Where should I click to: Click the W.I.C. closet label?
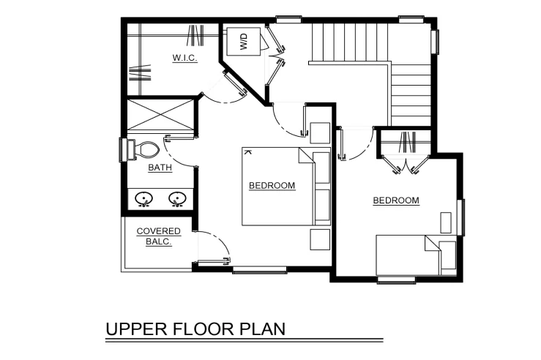[x=185, y=58]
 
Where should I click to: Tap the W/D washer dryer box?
[x=243, y=42]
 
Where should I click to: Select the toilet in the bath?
[x=143, y=149]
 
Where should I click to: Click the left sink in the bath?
[x=144, y=199]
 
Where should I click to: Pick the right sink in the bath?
[x=177, y=199]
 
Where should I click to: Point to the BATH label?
[x=160, y=168]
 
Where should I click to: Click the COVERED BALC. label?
[x=159, y=236]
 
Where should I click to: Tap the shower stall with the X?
[x=160, y=114]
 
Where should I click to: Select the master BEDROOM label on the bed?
[x=272, y=186]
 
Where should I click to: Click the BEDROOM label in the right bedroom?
[x=396, y=200]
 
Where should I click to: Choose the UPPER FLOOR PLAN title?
[x=195, y=329]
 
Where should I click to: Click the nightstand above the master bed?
[x=320, y=132]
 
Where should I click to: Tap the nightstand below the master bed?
[x=320, y=239]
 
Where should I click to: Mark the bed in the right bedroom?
[x=416, y=255]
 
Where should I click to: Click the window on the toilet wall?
[x=122, y=150]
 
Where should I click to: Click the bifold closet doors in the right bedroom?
[x=406, y=164]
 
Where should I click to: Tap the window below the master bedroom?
[x=260, y=270]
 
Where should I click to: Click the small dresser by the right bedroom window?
[x=446, y=222]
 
